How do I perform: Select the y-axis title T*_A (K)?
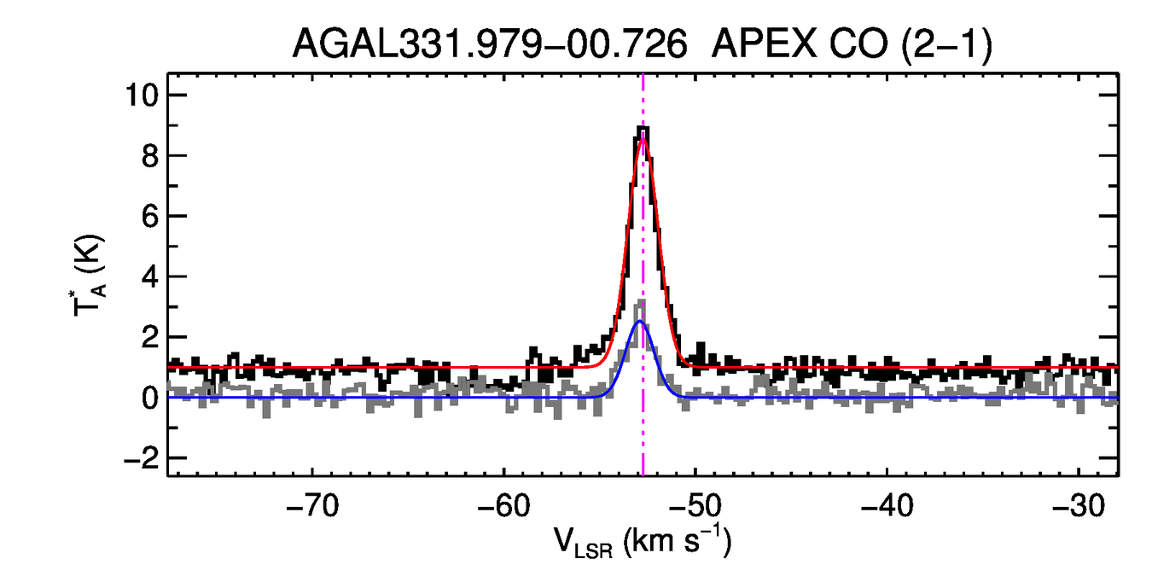(90, 276)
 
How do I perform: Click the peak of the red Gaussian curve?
(643, 138)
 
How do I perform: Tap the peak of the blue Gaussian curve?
(640, 322)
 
